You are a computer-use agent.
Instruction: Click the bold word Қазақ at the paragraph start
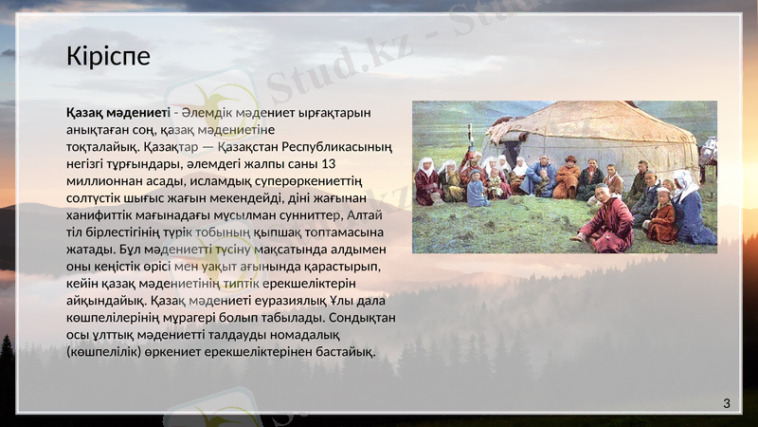84,113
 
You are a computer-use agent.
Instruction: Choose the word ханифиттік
99,215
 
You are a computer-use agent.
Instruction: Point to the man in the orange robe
568,179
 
